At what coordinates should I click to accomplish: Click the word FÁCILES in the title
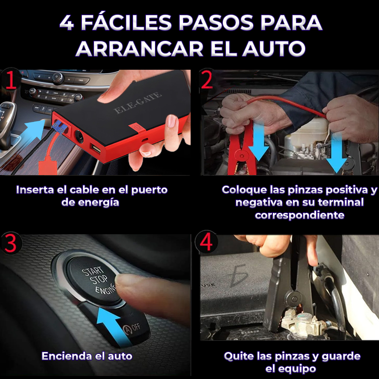pyautogui.click(x=126, y=22)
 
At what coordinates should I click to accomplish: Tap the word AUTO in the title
pyautogui.click(x=274, y=49)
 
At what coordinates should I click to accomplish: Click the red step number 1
pyautogui.click(x=10, y=80)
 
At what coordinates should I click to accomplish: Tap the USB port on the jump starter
pyautogui.click(x=96, y=148)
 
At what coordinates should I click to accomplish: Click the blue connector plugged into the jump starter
pyautogui.click(x=59, y=127)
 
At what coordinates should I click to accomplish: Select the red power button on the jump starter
pyautogui.click(x=137, y=128)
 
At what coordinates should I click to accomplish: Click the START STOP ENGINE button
pyautogui.click(x=94, y=279)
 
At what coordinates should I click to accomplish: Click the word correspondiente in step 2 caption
pyautogui.click(x=299, y=215)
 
